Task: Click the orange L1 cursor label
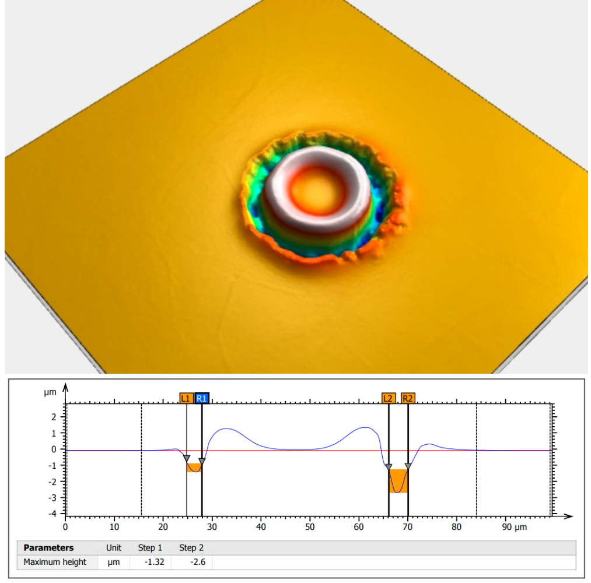[x=186, y=398]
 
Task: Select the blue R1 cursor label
[x=202, y=398]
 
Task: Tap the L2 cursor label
[x=388, y=398]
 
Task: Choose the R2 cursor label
[x=408, y=398]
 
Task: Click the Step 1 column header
[x=150, y=548]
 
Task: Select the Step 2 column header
[x=191, y=548]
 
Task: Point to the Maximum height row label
[x=55, y=562]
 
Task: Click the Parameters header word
[x=48, y=548]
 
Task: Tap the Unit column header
[x=113, y=548]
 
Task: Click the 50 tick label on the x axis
[x=310, y=527]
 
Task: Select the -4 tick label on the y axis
[x=53, y=514]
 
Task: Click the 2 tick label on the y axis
[x=54, y=417]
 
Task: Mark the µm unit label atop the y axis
[x=51, y=392]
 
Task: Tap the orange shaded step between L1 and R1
[x=193, y=468]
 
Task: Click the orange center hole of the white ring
[x=315, y=192]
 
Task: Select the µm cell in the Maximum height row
[x=113, y=562]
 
